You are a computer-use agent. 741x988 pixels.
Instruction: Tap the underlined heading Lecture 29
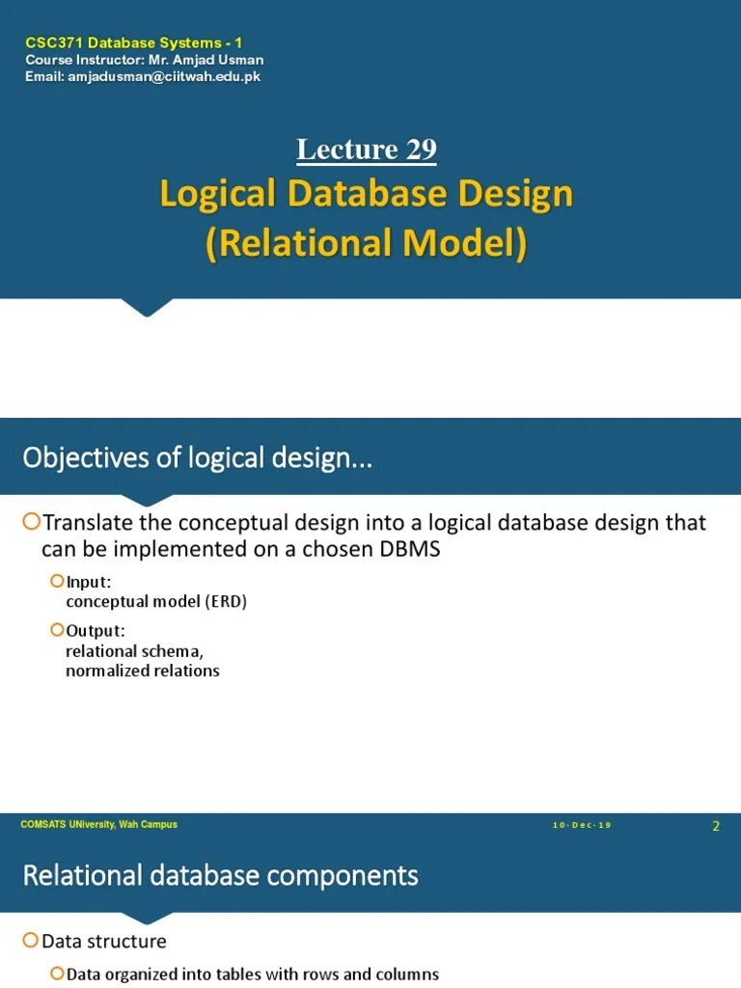point(367,150)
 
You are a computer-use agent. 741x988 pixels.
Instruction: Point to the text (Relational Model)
point(367,243)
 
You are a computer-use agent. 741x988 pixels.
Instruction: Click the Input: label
point(90,582)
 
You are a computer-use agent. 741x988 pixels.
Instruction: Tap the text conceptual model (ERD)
point(156,601)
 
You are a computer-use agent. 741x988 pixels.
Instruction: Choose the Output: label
point(96,631)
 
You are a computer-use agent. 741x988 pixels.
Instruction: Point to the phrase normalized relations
point(143,670)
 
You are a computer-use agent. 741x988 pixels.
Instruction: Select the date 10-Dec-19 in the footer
point(583,825)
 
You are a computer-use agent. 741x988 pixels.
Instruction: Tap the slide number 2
point(716,825)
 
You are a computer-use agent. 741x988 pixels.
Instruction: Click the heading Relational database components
point(220,876)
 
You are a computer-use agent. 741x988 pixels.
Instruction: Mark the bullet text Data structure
point(104,941)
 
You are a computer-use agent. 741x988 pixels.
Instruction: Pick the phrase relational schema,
point(135,651)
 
